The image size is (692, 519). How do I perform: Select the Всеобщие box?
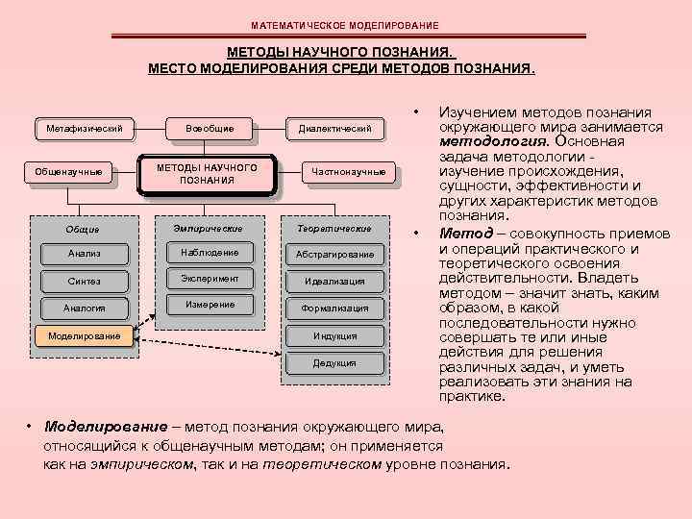coord(210,128)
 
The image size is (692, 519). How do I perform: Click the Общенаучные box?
coord(68,173)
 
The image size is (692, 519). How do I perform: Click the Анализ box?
coord(85,254)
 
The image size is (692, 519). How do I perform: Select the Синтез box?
coord(85,281)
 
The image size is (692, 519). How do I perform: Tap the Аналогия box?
coord(85,309)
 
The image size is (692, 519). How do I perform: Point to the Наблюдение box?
coord(210,253)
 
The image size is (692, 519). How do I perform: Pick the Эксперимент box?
coord(210,279)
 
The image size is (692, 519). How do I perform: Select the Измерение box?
coord(210,306)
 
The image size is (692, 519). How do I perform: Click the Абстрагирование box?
coord(334,254)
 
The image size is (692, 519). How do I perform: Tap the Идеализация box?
coord(334,281)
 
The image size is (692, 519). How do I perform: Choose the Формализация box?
coord(334,309)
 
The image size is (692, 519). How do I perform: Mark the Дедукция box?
coord(334,363)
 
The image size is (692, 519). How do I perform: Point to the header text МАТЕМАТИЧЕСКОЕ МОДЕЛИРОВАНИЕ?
coord(345,24)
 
